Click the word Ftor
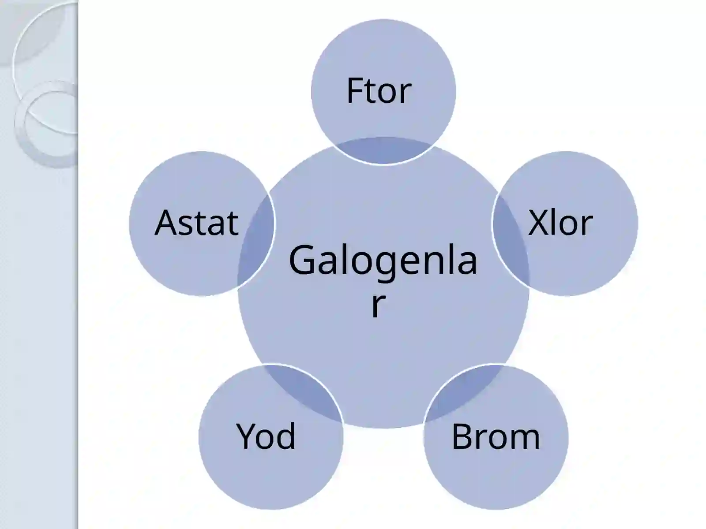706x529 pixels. coord(379,91)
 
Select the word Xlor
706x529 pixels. coord(560,223)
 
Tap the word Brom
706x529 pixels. coord(496,436)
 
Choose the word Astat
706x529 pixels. coord(196,222)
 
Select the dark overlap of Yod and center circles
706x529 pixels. coord(305,392)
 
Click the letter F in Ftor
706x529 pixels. coord(354,91)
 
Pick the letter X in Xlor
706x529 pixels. coord(539,223)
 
